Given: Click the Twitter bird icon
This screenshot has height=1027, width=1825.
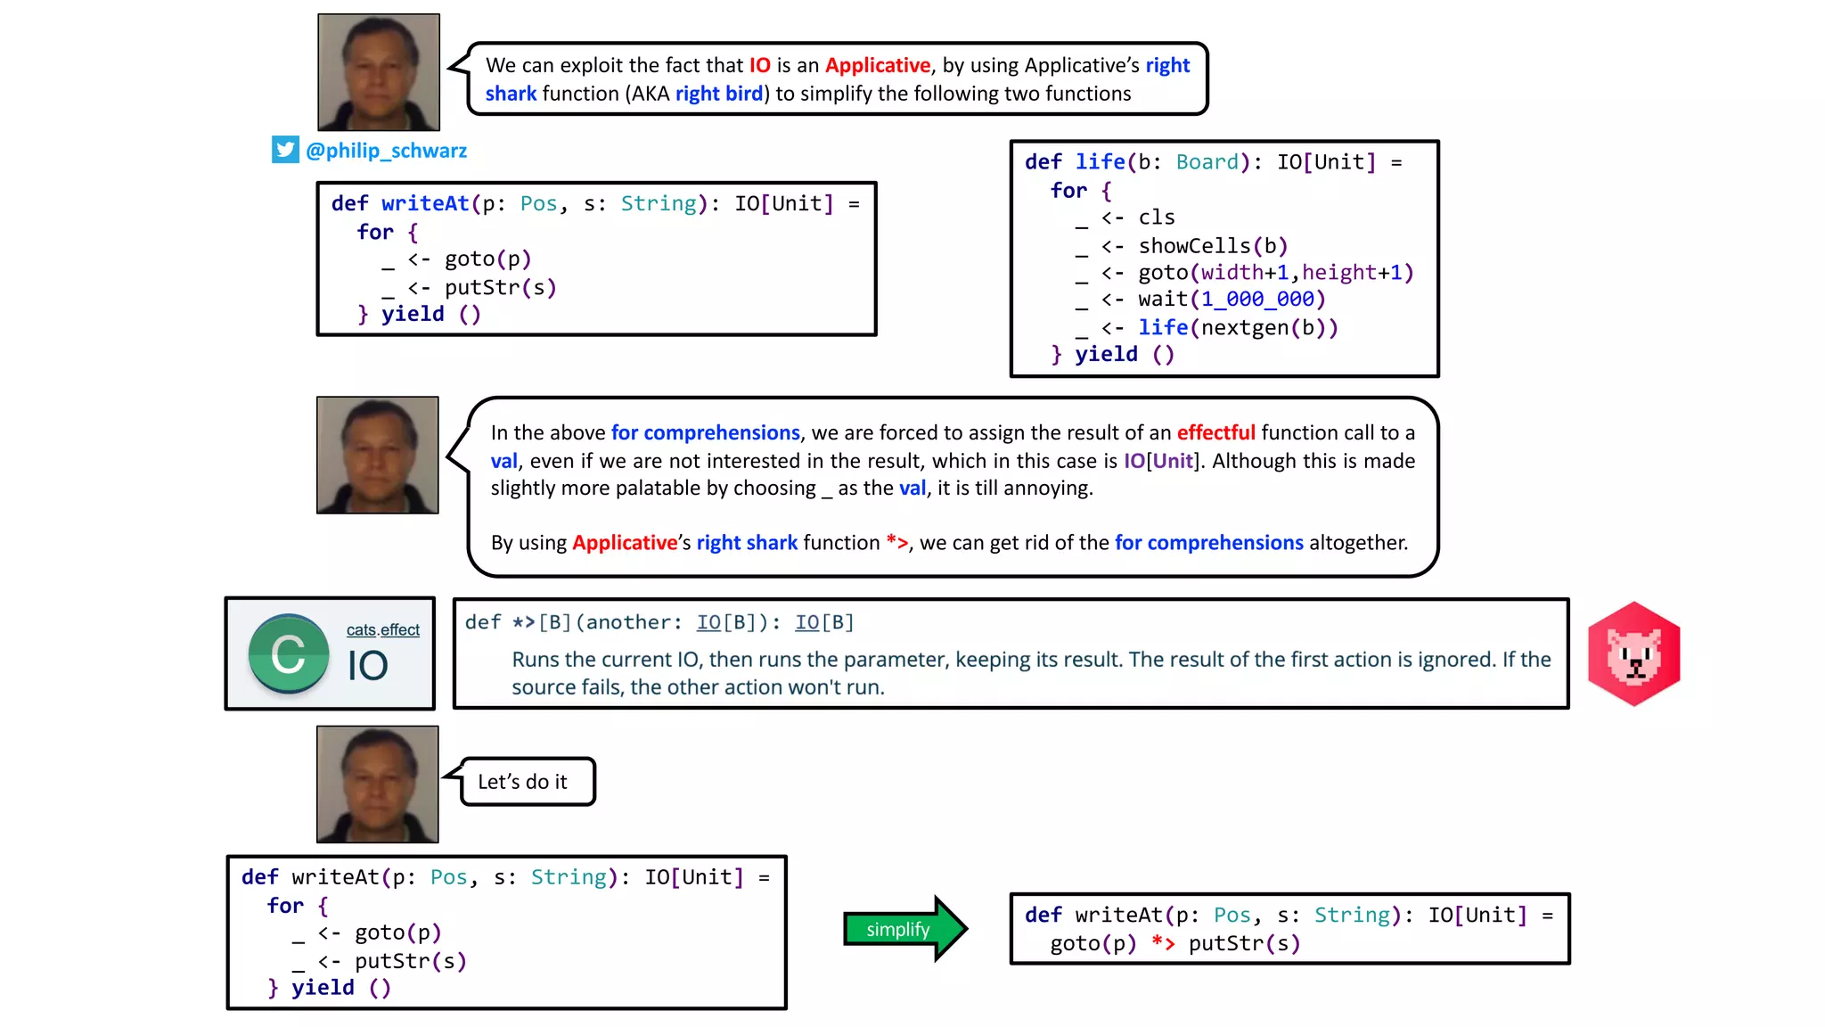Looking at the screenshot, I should tap(285, 150).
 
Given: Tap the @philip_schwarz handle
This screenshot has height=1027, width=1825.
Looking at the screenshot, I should tap(386, 151).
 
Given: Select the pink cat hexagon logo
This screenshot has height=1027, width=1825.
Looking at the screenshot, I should tap(1633, 654).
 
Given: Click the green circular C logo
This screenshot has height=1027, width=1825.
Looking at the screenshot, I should tap(288, 654).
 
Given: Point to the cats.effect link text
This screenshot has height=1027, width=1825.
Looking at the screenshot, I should tap(382, 630).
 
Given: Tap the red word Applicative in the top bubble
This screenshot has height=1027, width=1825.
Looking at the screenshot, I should tap(877, 65).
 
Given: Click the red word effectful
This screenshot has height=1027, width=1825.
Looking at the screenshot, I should tap(1215, 432).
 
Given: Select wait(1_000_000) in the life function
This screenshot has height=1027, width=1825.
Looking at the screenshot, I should tap(1232, 300).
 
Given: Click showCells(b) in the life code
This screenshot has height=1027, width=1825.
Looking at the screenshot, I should tap(1213, 246).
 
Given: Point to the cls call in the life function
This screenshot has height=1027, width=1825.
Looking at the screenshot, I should tap(1157, 218).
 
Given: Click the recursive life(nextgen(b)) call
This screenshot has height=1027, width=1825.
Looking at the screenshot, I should tap(1238, 328).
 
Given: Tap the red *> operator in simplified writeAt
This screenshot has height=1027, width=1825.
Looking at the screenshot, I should tap(1163, 943).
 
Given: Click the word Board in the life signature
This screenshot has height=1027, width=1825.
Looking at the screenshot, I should tap(1207, 162).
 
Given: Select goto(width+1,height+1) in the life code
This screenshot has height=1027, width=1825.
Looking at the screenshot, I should tap(1275, 273).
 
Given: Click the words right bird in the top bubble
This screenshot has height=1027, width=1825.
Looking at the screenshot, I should tap(718, 94).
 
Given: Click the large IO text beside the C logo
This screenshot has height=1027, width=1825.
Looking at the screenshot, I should tap(367, 666).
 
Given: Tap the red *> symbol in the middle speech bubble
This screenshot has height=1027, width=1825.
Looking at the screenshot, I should tap(896, 543).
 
